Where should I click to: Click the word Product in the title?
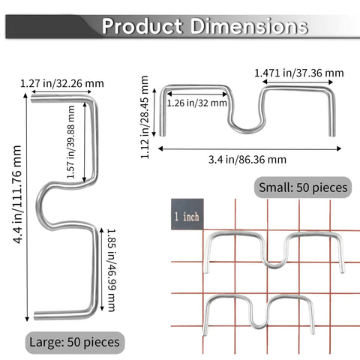click(x=142, y=26)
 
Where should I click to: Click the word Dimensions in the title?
click(x=249, y=26)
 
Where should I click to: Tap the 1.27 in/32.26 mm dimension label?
click(x=62, y=83)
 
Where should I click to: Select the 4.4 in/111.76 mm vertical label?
click(x=17, y=194)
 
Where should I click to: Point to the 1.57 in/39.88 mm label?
click(x=71, y=142)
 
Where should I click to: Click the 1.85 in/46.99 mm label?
click(x=111, y=270)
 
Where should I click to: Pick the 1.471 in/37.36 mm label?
click(x=299, y=73)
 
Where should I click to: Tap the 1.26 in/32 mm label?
click(x=196, y=103)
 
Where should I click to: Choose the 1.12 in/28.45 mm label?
click(x=145, y=117)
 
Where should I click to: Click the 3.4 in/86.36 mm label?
click(x=247, y=160)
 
